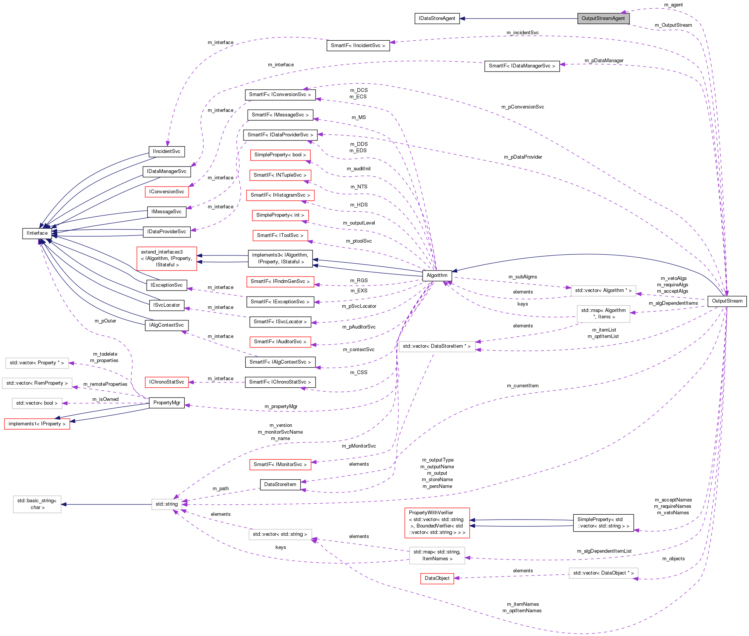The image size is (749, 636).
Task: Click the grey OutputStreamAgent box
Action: (x=603, y=18)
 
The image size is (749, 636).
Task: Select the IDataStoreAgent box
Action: (x=437, y=18)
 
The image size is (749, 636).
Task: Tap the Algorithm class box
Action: (x=437, y=275)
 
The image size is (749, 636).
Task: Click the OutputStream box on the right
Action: (x=727, y=301)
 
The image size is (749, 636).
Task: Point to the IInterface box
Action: (x=37, y=233)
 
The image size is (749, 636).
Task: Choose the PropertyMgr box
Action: (x=167, y=403)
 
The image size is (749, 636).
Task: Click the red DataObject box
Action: (x=437, y=578)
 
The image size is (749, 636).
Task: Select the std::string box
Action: (x=167, y=504)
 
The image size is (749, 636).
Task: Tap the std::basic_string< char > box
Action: (x=37, y=504)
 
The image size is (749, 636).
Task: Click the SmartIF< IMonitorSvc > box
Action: (x=280, y=465)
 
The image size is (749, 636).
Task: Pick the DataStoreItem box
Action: (x=280, y=485)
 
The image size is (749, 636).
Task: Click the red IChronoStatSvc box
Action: (x=167, y=382)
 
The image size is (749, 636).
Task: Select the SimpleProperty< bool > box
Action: (x=280, y=155)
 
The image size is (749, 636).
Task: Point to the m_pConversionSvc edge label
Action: (x=522, y=107)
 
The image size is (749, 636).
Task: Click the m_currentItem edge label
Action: (x=522, y=386)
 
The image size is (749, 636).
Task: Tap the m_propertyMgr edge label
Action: (x=281, y=407)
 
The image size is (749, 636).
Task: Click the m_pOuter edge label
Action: (x=105, y=321)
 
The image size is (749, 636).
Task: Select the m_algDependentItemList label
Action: (x=604, y=551)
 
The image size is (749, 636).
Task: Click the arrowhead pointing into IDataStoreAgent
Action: (x=463, y=18)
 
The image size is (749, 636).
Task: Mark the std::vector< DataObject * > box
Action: (x=603, y=573)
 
